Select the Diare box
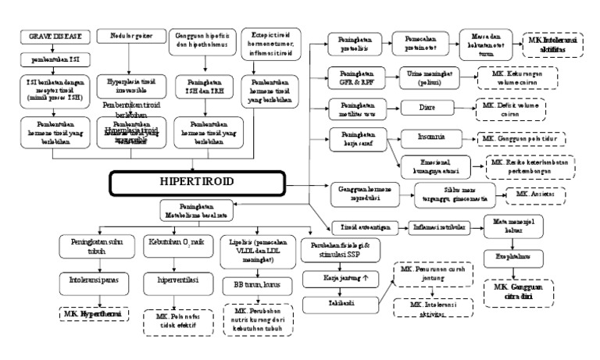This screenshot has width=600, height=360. coord(426,107)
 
